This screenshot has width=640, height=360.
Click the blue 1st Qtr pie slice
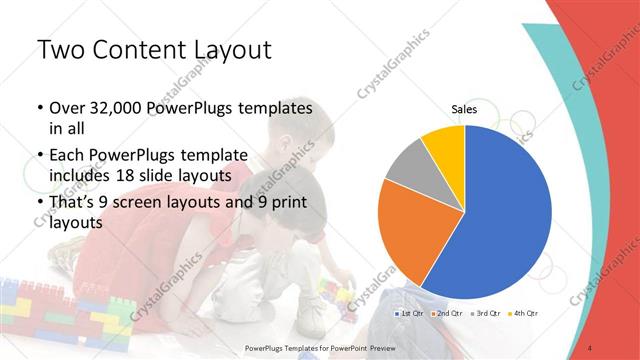click(x=505, y=220)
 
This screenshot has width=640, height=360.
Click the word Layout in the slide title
click(x=226, y=49)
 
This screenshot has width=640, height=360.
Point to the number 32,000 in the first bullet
click(x=118, y=107)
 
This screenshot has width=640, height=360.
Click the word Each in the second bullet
click(x=68, y=156)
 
